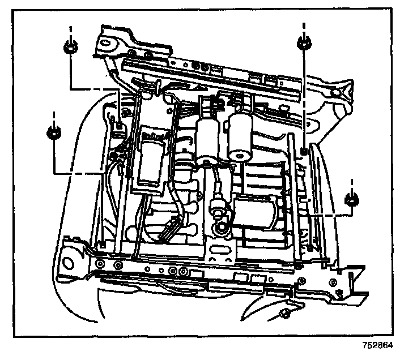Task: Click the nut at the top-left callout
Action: click(71, 48)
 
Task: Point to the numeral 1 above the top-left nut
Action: click(71, 28)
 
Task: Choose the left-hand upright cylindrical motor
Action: click(207, 139)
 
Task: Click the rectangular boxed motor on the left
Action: click(152, 156)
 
